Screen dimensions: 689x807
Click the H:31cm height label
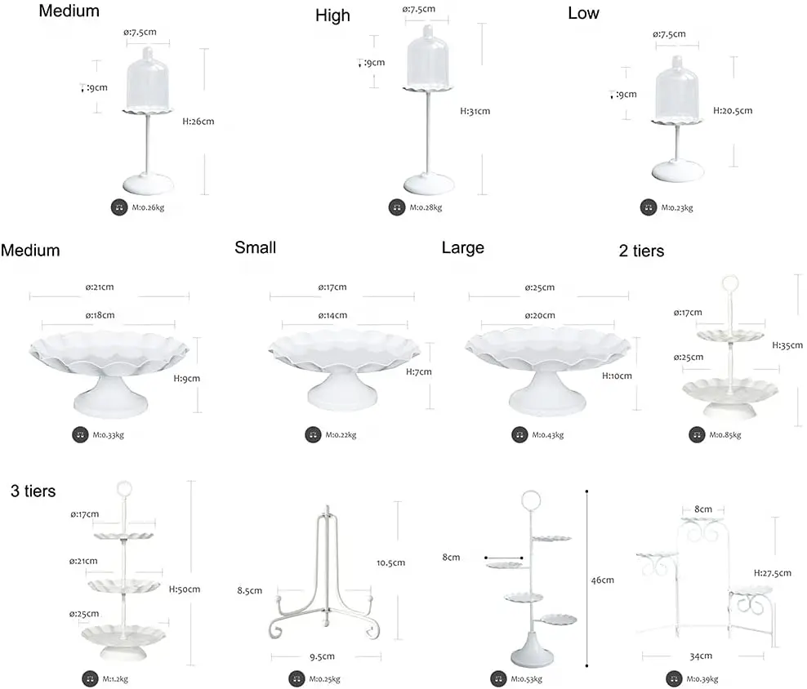[475, 111]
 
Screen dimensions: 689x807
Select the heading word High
[332, 16]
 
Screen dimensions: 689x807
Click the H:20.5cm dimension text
[733, 111]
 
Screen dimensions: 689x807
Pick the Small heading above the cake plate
[255, 247]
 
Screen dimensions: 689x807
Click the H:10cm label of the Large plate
[617, 376]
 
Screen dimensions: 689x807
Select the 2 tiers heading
[641, 251]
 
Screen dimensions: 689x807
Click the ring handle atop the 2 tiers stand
[729, 287]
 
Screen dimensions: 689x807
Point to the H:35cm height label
[787, 345]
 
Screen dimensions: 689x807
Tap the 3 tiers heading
[33, 491]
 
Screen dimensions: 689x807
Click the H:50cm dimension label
[185, 589]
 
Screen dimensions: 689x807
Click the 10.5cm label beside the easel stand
[391, 562]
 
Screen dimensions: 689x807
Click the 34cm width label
[702, 656]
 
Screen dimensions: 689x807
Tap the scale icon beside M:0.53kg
[497, 678]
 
